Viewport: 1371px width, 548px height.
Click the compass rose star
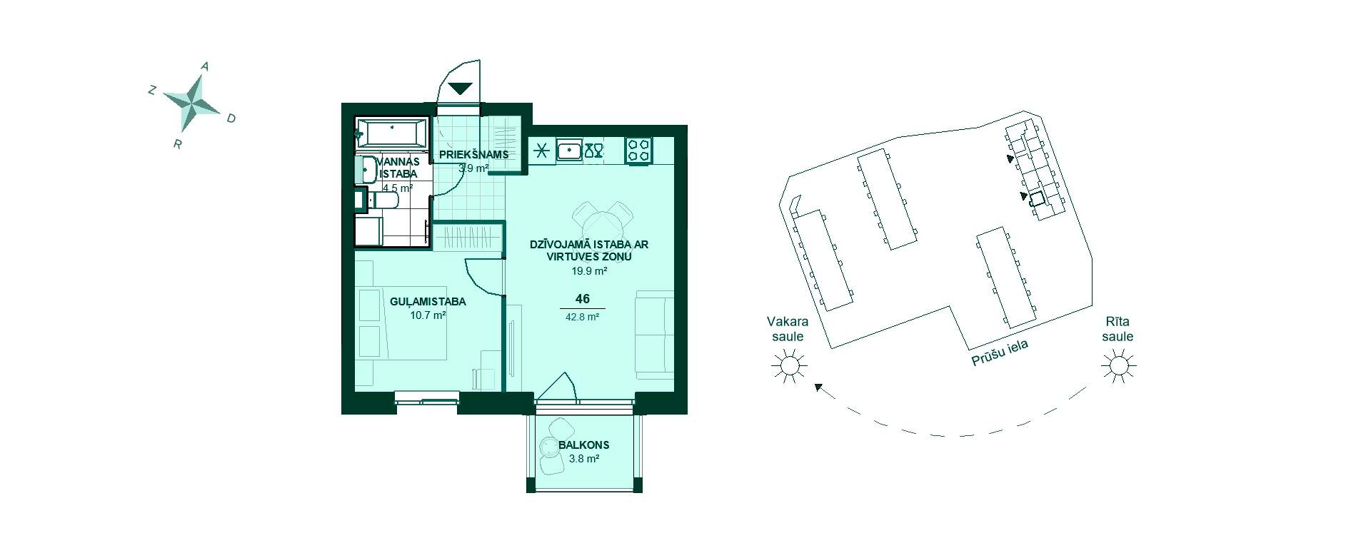tap(192, 102)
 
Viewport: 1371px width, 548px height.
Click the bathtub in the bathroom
tap(391, 133)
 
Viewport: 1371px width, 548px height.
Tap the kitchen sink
tap(569, 151)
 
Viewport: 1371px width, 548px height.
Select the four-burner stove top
tap(639, 151)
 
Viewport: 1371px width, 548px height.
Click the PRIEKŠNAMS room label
tap(474, 154)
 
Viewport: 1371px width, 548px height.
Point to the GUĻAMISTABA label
tap(428, 302)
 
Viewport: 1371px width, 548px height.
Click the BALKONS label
tap(584, 445)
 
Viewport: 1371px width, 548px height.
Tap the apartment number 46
tap(583, 300)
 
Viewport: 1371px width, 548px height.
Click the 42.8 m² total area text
tap(582, 317)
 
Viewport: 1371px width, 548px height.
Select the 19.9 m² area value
tap(589, 271)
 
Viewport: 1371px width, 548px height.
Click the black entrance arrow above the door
tap(461, 89)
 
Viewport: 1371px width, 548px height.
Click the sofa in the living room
tap(654, 334)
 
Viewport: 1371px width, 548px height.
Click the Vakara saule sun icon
tap(789, 367)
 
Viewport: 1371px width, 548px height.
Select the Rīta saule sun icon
tap(1118, 367)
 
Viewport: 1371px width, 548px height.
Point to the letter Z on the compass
tap(151, 90)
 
